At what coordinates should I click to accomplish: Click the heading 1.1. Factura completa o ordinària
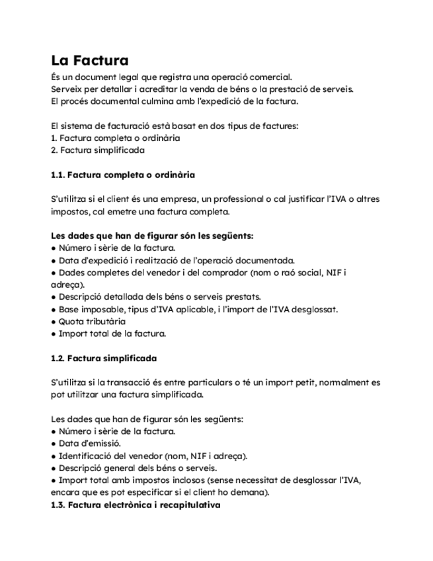[x=122, y=175]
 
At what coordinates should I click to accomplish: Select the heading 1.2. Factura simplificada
[x=103, y=358]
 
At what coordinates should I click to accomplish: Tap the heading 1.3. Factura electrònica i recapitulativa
[x=136, y=505]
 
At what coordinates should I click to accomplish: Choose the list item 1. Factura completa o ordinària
[x=115, y=138]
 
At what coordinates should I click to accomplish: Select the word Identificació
[x=90, y=456]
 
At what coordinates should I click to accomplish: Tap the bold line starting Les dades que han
[x=152, y=236]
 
